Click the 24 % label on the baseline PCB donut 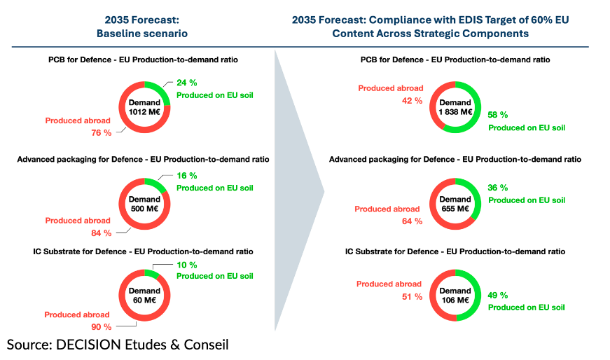point(187,82)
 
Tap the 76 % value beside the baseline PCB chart point(102,133)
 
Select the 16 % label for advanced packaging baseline point(187,175)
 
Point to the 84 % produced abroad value point(102,233)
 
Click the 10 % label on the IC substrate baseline point(187,265)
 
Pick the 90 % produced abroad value point(102,327)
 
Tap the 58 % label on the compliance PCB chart point(498,115)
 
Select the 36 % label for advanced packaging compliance point(498,188)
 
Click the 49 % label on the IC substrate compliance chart point(498,295)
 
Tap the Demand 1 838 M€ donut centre point(455,106)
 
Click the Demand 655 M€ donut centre point(455,203)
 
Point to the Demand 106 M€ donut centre point(455,296)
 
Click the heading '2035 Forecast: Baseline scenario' point(141,27)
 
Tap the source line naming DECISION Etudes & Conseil point(118,345)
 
